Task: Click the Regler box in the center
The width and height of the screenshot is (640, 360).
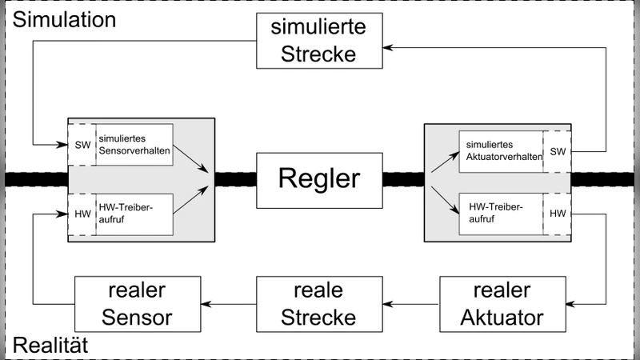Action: [x=319, y=178]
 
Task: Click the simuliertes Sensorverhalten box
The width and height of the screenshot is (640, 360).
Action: [x=133, y=145]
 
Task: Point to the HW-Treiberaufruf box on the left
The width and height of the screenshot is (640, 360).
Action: [x=133, y=214]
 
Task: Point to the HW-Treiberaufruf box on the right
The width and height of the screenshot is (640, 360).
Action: [x=501, y=214]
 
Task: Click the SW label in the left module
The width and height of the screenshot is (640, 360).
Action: [x=82, y=145]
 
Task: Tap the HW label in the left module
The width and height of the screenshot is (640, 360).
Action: [x=82, y=214]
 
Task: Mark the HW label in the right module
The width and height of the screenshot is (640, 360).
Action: [x=558, y=214]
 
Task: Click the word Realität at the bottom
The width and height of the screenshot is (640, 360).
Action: [x=50, y=346]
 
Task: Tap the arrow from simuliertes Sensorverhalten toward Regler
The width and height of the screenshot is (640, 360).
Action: [x=192, y=158]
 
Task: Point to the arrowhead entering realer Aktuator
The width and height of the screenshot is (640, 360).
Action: [x=571, y=302]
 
